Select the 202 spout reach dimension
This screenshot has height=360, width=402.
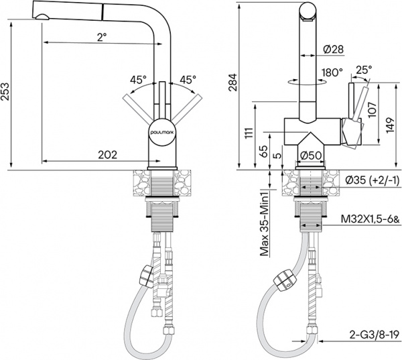pos(108,154)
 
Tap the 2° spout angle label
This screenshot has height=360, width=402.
pos(100,38)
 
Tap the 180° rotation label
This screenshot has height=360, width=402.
pos(333,72)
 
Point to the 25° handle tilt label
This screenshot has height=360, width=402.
pos(364,68)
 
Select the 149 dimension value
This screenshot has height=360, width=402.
pos(391,121)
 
